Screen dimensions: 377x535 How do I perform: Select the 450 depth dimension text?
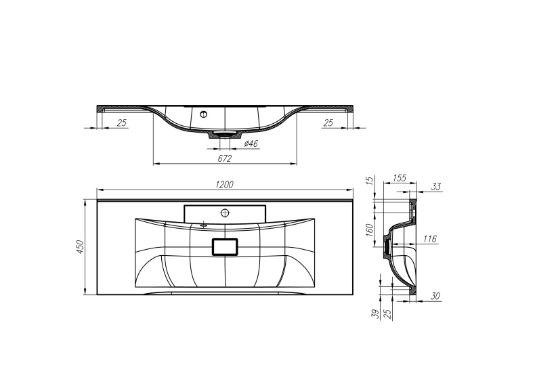point(80,248)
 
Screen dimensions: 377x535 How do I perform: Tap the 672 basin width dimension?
point(225,158)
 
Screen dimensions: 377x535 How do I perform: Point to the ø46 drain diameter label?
point(248,143)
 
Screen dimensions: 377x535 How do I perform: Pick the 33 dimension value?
point(435,186)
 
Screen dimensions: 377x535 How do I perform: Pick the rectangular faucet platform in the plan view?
point(225,212)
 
